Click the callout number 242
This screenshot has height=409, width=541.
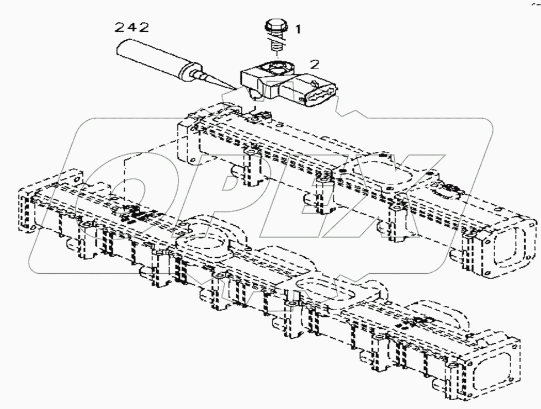coord(131,27)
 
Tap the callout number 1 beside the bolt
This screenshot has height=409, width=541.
coord(298,29)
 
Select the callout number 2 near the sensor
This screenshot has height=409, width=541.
coord(315,64)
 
